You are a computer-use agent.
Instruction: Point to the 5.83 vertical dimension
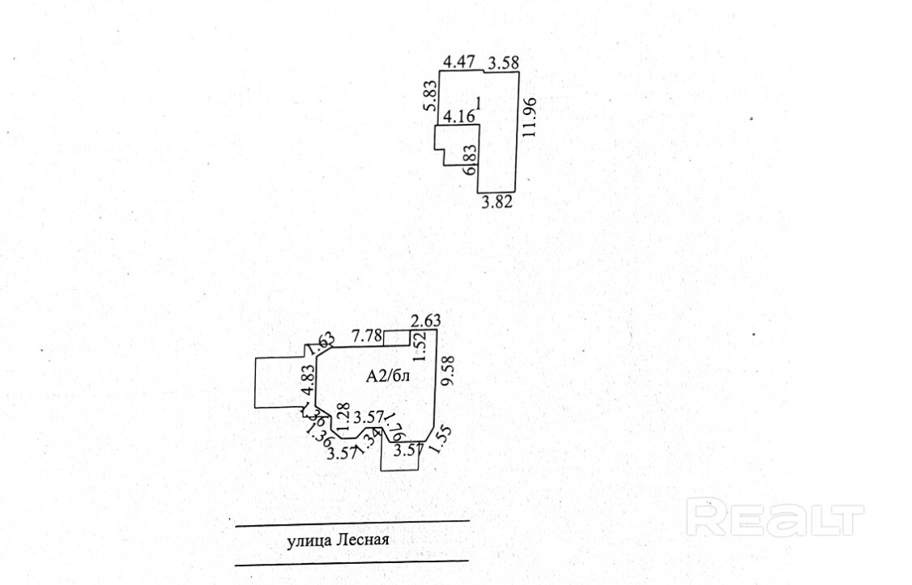tap(430, 97)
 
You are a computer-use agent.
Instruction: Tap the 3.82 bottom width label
tap(496, 203)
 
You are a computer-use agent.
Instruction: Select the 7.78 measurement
tap(366, 335)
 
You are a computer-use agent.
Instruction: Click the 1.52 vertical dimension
tap(419, 347)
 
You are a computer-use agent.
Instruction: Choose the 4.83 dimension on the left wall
tap(307, 381)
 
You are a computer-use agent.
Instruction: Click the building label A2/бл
tap(388, 375)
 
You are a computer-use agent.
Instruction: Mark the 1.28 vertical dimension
tap(341, 415)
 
